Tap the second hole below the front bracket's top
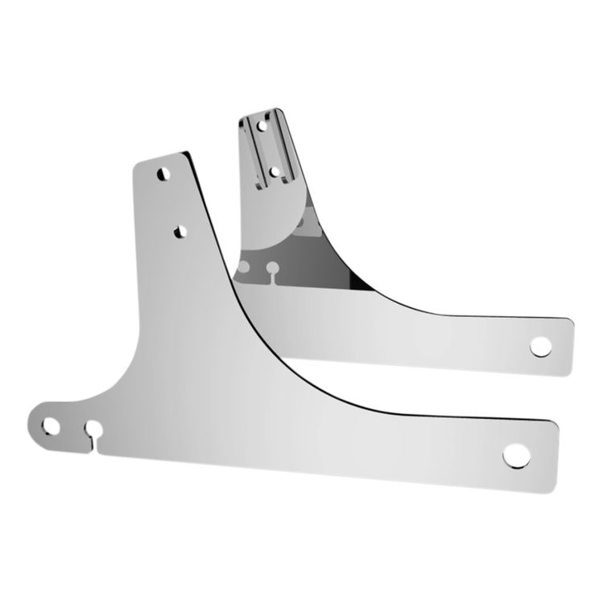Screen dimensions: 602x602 (178, 231)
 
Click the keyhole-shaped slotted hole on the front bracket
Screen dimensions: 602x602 (93, 427)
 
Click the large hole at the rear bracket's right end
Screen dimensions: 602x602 (540, 346)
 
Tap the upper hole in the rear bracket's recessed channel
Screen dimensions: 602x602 (261, 124)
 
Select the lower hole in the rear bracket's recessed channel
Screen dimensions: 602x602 (275, 171)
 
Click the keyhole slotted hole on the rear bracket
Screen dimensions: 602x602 (273, 267)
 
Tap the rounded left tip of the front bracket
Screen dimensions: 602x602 (32, 424)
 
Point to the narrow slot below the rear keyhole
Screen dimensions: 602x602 (275, 278)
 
